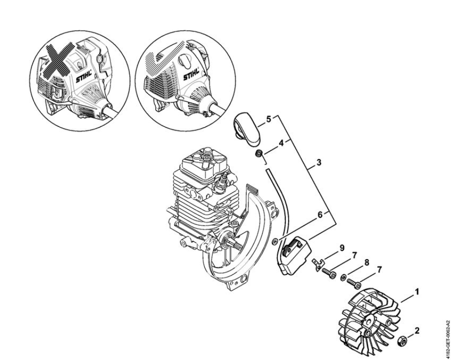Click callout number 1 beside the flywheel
tap(417, 292)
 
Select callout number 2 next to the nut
tap(417, 330)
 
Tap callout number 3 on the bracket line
tap(319, 162)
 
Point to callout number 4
tap(281, 143)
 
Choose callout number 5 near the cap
tap(268, 119)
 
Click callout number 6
tap(320, 214)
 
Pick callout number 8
tap(366, 262)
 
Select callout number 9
tap(342, 247)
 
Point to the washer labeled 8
tap(343, 277)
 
